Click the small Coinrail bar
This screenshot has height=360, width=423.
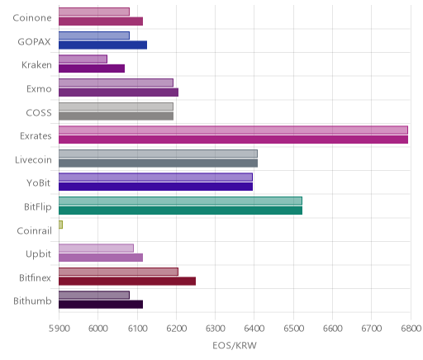(60, 225)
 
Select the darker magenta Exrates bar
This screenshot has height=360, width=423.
(233, 140)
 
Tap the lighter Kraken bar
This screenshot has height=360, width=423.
(83, 59)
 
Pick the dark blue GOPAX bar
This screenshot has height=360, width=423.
(102, 45)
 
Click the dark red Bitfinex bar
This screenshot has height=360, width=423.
(127, 281)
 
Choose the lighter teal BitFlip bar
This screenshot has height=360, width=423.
(180, 201)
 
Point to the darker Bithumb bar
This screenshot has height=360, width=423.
(101, 305)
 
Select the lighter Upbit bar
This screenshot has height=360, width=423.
(96, 248)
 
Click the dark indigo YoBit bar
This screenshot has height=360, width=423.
(155, 187)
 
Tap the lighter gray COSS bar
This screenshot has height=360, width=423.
(116, 107)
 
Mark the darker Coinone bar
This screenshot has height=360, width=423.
(101, 21)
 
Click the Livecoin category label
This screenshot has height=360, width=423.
(33, 160)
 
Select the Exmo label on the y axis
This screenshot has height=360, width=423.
(39, 89)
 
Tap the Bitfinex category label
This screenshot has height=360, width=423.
(35, 278)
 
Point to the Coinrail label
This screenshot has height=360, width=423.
(34, 230)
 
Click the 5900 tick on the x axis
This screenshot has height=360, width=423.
(59, 329)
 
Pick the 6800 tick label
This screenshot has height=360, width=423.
(411, 329)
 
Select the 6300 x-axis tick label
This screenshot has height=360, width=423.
(216, 329)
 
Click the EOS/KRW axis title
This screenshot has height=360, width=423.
(235, 345)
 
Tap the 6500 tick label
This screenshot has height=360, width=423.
(293, 329)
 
